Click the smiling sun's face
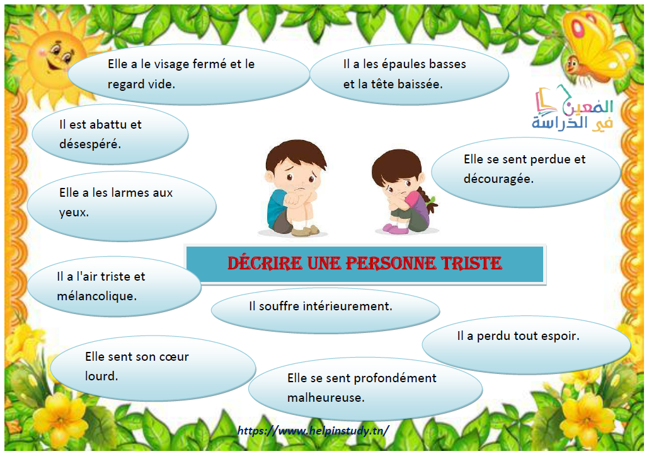pyautogui.click(x=55, y=57)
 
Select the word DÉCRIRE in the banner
pyautogui.click(x=265, y=263)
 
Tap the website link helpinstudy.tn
pyautogui.click(x=313, y=431)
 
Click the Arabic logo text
pyautogui.click(x=573, y=109)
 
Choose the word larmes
pyautogui.click(x=130, y=192)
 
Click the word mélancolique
pyautogui.click(x=97, y=296)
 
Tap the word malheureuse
pyautogui.click(x=326, y=397)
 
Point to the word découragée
pyautogui.click(x=498, y=179)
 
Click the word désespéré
pyautogui.click(x=90, y=144)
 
